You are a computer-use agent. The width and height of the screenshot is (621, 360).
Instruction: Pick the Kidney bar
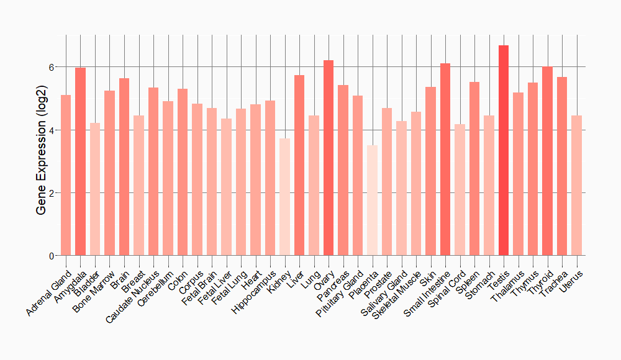[x=284, y=197]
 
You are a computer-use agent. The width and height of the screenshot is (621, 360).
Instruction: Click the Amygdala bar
[x=80, y=161]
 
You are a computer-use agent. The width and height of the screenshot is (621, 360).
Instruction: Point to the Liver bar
[x=299, y=165]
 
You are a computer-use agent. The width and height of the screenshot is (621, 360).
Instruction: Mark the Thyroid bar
[x=547, y=161]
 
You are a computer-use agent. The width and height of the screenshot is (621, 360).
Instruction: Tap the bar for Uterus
[x=576, y=186]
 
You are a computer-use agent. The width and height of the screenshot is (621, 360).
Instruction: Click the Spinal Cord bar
[x=460, y=190]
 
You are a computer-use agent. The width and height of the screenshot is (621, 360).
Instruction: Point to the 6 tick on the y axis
[x=52, y=67]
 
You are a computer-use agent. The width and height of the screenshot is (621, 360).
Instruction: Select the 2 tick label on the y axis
[x=52, y=193]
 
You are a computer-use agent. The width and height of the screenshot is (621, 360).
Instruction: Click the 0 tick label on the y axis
[x=52, y=256]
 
